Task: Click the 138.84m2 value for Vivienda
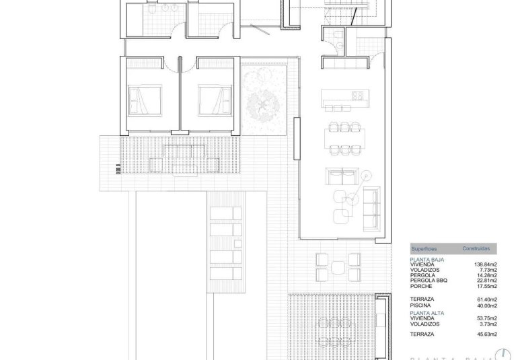[x=486, y=264]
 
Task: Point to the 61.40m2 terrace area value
[x=486, y=298]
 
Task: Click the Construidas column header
[x=475, y=248]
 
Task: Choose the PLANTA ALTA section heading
[x=427, y=312]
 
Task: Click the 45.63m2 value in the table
[x=486, y=334]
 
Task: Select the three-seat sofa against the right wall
[x=371, y=206]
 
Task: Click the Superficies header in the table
[x=424, y=248]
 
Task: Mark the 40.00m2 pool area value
[x=486, y=305]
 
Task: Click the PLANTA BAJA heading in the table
[x=427, y=259]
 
